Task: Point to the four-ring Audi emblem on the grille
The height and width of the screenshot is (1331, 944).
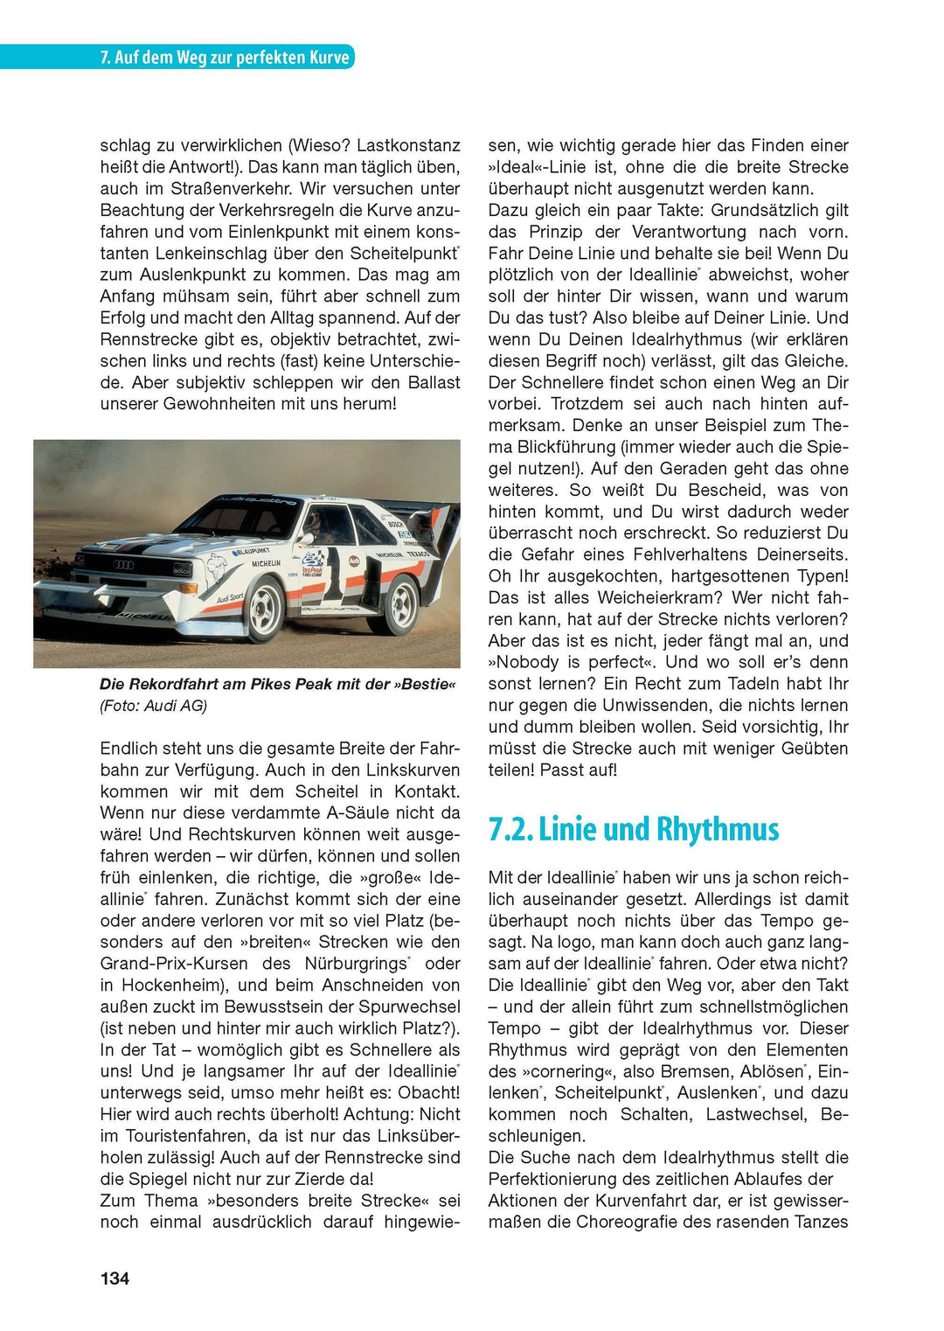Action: click(x=123, y=565)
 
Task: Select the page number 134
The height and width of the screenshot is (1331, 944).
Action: click(x=115, y=1279)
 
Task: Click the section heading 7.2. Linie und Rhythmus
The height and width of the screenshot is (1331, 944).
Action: click(x=633, y=829)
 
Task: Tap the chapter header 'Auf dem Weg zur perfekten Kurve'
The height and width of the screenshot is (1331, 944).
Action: click(x=225, y=58)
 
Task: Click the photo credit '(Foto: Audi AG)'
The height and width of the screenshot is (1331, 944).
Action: click(x=154, y=706)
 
